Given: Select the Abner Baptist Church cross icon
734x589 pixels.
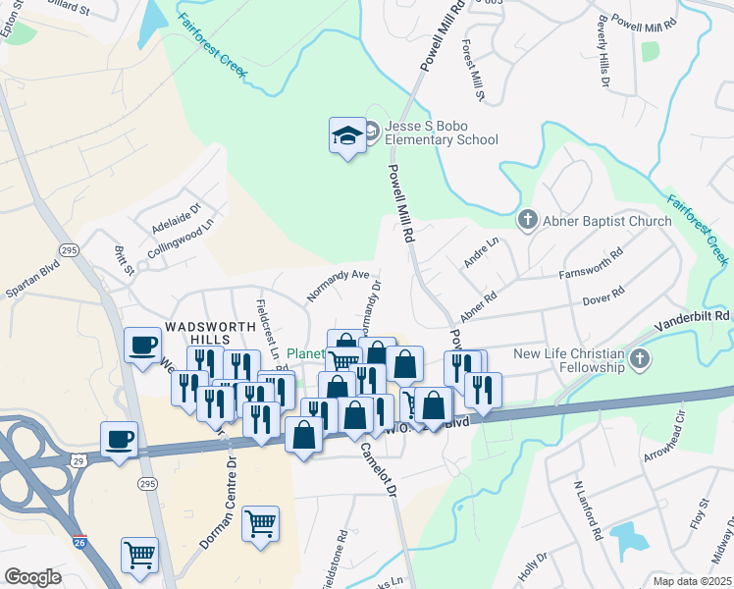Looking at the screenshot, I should coord(527,221).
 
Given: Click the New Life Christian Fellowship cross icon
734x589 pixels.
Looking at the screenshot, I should coord(642,359).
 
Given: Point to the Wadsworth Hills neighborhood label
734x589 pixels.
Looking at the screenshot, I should coord(197,332).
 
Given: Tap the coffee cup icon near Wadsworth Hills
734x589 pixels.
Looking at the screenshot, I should coord(143,345).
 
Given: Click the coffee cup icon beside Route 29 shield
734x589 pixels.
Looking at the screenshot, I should coord(119,439).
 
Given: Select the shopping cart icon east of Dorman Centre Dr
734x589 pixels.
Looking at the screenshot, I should coord(260,523).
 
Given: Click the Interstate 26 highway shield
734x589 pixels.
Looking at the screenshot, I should coord(79,541).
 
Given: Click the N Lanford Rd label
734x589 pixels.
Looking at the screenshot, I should coord(587,511).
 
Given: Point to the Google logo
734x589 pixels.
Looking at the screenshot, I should coord(32,576).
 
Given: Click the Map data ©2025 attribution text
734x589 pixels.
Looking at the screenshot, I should coord(691,580).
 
